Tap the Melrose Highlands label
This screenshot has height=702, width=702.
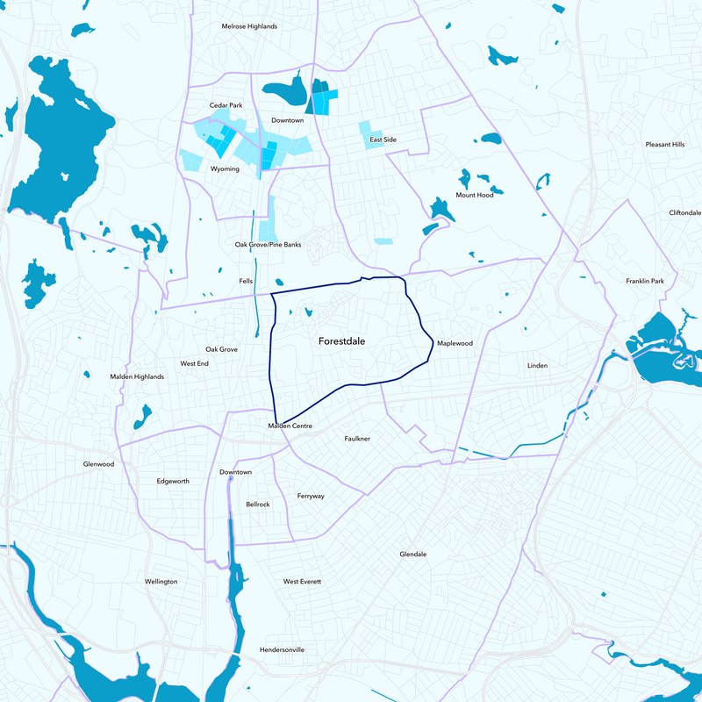[248, 26]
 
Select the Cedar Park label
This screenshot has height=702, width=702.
[226, 105]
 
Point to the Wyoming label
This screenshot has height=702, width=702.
[225, 168]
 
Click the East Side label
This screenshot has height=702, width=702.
[383, 140]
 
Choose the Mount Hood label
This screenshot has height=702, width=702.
[474, 195]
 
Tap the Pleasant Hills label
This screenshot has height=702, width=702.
[664, 144]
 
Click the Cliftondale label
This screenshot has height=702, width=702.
[685, 212]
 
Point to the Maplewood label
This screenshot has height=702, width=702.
[455, 343]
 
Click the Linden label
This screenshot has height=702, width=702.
[537, 365]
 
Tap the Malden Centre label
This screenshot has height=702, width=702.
[290, 426]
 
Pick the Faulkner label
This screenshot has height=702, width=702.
[357, 438]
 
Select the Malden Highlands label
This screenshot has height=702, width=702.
[137, 376]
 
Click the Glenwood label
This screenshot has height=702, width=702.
[98, 463]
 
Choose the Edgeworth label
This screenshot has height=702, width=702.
[172, 481]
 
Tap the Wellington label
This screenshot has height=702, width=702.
[161, 582]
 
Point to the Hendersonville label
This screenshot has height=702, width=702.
[283, 649]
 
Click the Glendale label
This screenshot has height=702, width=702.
[412, 555]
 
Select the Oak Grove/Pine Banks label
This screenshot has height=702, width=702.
[268, 244]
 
